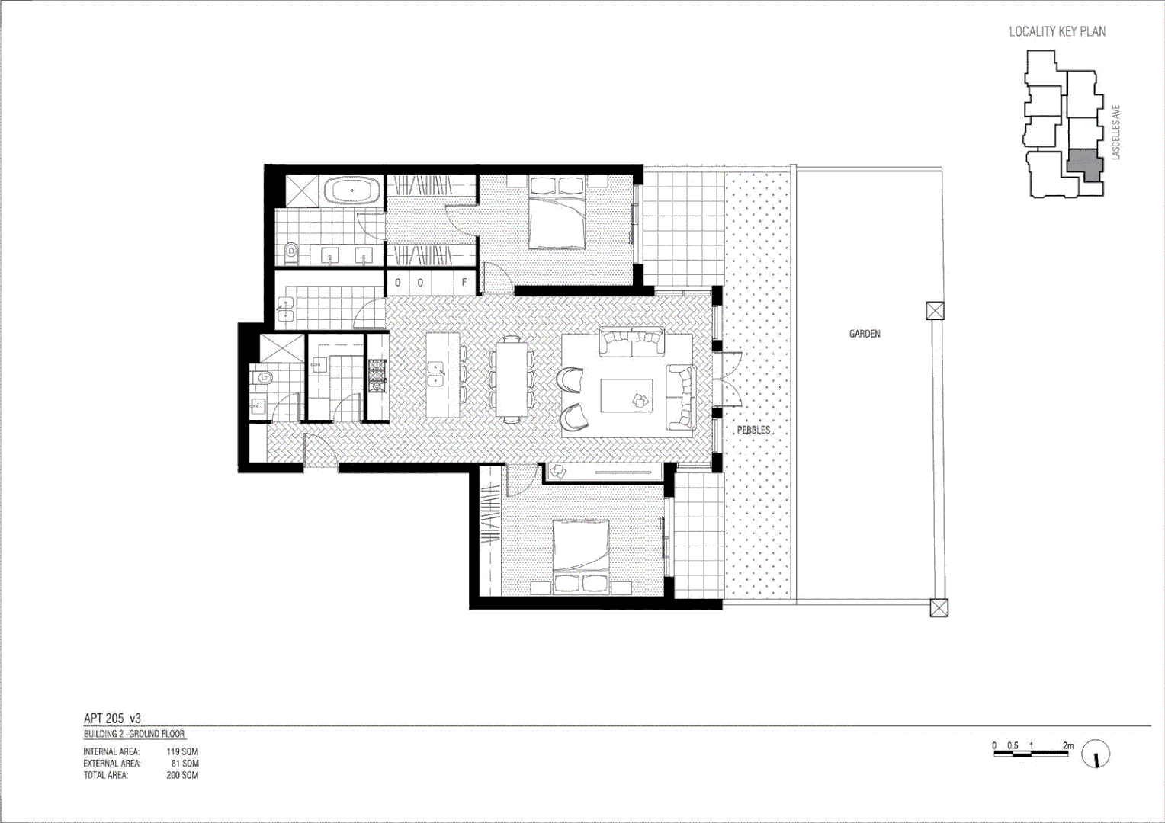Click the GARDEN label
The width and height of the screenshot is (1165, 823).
click(x=865, y=334)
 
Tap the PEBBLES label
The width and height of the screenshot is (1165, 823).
click(x=753, y=430)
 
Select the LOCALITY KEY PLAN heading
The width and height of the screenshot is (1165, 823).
click(x=1057, y=31)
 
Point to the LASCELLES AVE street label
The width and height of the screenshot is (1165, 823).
click(x=1116, y=132)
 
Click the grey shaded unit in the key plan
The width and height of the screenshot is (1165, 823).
click(x=1084, y=164)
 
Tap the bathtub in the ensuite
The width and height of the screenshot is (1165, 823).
click(x=351, y=191)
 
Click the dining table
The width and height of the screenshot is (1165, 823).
click(x=510, y=379)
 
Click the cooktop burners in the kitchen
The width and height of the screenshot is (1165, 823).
click(x=377, y=376)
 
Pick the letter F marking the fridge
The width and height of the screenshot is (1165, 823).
click(x=464, y=283)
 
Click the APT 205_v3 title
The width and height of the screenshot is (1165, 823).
click(x=112, y=718)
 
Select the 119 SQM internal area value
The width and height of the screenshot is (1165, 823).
click(x=182, y=751)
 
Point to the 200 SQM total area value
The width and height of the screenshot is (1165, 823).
click(x=182, y=775)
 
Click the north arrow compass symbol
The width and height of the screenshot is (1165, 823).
click(x=1095, y=754)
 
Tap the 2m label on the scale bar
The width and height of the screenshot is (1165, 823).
click(x=1067, y=745)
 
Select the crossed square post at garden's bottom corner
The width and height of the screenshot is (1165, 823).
click(x=939, y=607)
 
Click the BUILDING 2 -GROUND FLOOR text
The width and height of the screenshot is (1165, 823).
click(x=134, y=734)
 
